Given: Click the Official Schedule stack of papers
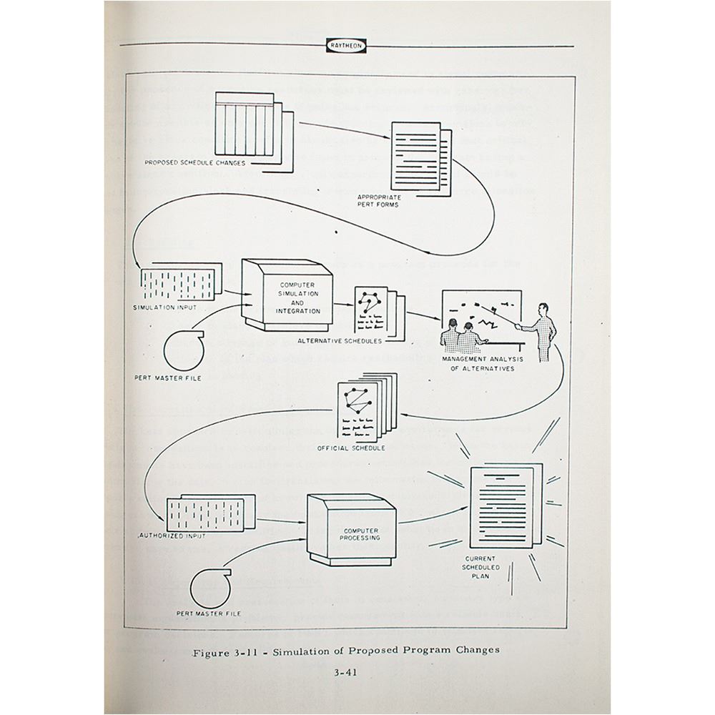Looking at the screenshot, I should (x=361, y=411).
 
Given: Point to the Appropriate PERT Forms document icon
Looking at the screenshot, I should (x=417, y=154).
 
